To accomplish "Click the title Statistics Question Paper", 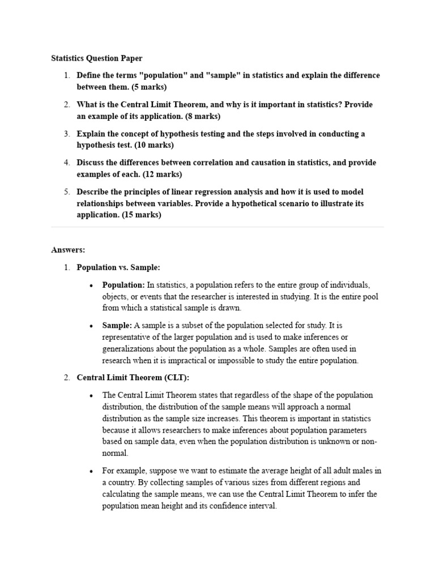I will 97,58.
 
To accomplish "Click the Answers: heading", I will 68,249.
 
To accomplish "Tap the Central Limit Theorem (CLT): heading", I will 133,377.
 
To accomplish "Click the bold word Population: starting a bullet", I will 123,284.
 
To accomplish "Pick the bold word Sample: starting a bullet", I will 117,326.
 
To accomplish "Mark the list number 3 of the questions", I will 66,134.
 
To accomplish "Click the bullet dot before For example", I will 91,471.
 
